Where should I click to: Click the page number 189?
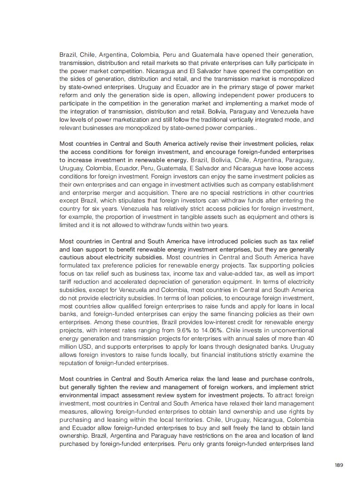[x=338, y=465]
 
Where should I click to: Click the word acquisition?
[x=136, y=193]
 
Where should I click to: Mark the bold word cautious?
[x=74, y=257]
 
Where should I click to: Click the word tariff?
[x=67, y=282]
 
